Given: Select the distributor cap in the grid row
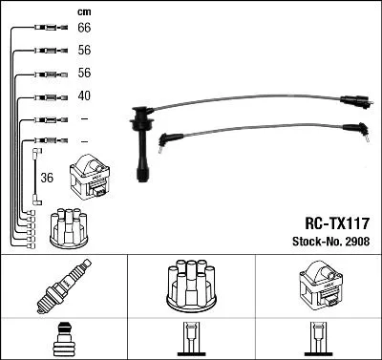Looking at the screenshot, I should [x=191, y=284].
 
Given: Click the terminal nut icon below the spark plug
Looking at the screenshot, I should [x=63, y=340].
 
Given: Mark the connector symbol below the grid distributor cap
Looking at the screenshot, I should [x=191, y=341].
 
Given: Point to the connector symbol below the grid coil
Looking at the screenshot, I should [x=318, y=341].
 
